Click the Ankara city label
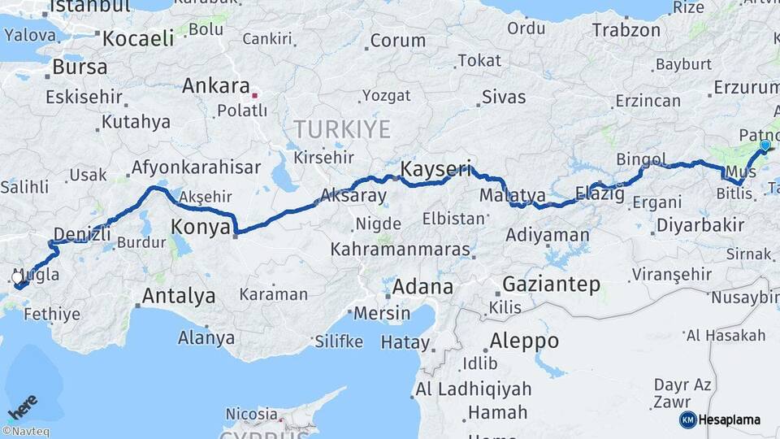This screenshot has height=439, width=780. coord(215,86)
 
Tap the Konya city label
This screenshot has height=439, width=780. coord(201,227)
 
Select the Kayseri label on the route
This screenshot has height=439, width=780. coord(435,169)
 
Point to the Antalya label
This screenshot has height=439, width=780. coord(179,295)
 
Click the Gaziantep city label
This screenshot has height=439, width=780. coord(551,285)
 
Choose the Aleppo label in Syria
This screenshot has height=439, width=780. coord(524,340)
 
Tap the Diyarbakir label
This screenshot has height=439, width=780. coord(700,224)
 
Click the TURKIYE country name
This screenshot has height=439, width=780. coord(342,129)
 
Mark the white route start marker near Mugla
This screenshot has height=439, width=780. coord(17,277)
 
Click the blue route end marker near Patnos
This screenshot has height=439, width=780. coord(765,146)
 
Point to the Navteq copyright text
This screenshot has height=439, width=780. coord(25,432)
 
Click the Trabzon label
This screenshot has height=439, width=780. coord(626,30)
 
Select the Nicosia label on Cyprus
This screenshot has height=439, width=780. coord(251,415)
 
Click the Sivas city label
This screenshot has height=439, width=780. coord(503,97)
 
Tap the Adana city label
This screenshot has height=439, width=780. coord(422,286)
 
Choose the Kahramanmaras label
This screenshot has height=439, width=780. coord(400,249)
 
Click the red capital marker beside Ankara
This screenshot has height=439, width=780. coord(255,94)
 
